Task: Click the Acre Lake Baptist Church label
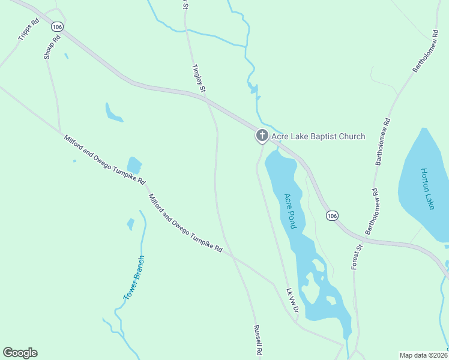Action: [318, 136]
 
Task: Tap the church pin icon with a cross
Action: [262, 136]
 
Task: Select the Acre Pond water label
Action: [291, 211]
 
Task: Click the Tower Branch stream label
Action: [134, 278]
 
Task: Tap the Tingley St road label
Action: [199, 79]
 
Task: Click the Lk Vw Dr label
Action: [292, 301]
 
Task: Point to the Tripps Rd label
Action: [28, 29]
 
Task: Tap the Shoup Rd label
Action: [52, 47]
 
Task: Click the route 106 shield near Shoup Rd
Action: [57, 27]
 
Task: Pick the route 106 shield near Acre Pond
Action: [332, 215]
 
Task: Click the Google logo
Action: [20, 353]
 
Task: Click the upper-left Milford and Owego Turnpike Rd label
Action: [105, 160]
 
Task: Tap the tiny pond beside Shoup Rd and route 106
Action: [66, 56]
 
